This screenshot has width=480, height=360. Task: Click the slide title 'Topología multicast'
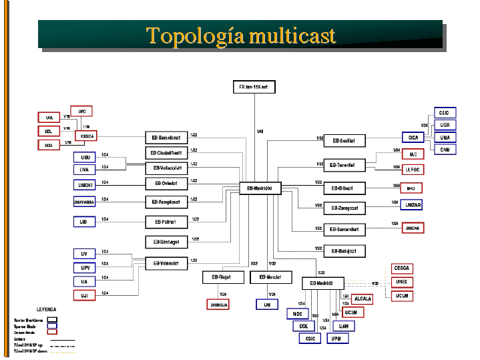click(x=240, y=35)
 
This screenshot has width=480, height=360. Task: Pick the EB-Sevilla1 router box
click(x=344, y=141)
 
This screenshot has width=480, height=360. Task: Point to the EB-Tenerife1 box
click(x=344, y=165)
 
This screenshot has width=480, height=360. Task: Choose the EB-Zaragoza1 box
click(x=344, y=208)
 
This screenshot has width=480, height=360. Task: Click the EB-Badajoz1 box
click(x=344, y=251)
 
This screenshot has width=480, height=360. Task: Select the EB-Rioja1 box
click(x=222, y=277)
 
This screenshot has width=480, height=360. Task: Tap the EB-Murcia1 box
click(x=271, y=277)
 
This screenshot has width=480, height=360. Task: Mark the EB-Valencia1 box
click(x=166, y=263)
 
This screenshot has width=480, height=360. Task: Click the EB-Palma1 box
click(x=166, y=222)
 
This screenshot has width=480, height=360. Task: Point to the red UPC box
click(x=82, y=111)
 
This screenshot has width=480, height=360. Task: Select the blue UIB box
click(x=84, y=221)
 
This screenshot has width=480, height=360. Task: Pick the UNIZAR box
click(x=413, y=204)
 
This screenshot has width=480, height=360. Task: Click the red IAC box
click(x=413, y=154)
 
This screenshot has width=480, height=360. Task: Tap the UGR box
click(x=445, y=125)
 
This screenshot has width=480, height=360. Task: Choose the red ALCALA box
click(x=363, y=299)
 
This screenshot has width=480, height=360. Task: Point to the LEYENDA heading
click(x=46, y=310)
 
